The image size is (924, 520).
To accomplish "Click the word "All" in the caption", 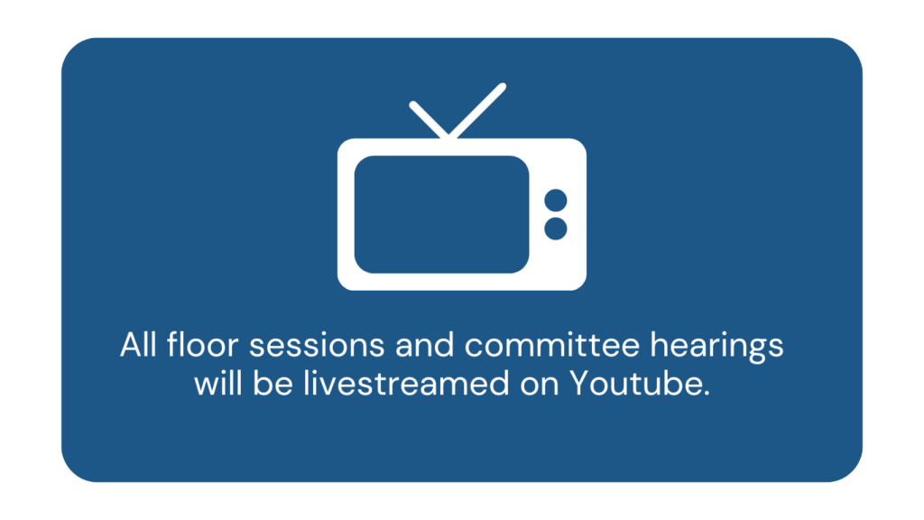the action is [138, 344].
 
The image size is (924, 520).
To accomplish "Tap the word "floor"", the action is [202, 344].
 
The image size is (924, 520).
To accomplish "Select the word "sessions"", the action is [317, 346].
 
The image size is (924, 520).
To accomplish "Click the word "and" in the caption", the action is [424, 344].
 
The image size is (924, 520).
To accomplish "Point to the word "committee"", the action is [552, 345].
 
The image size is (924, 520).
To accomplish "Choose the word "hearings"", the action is [716, 348].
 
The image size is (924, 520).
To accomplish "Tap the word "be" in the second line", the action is [273, 383].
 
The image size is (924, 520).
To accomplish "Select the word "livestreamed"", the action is [406, 383].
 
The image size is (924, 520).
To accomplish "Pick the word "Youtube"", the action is [636, 383].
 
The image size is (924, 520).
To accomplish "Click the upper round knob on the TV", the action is [556, 200].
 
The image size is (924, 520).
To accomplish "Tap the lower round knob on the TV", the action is [556, 228].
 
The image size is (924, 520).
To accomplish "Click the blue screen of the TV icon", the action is [441, 215].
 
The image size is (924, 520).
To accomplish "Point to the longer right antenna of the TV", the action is [477, 110].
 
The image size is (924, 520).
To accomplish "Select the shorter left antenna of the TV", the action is [429, 120].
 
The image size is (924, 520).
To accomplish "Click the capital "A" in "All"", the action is [131, 345].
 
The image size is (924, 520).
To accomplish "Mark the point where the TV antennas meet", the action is [448, 135].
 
